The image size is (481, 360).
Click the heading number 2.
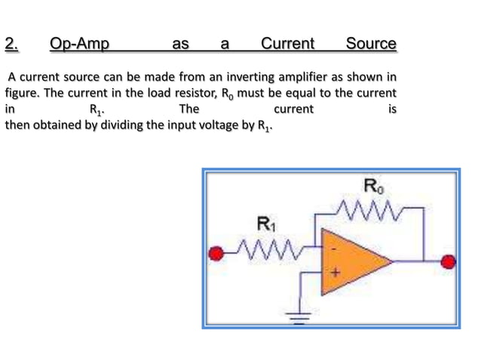click(x=11, y=44)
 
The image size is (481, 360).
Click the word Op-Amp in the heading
click(x=79, y=44)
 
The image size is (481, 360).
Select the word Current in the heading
click(x=286, y=44)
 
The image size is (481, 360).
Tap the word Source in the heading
click(x=370, y=44)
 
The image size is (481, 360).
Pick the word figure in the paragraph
click(x=21, y=93)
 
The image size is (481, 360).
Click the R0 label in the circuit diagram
click(x=372, y=185)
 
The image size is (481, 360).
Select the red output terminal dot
click(x=449, y=262)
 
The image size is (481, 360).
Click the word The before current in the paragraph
click(x=188, y=108)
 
